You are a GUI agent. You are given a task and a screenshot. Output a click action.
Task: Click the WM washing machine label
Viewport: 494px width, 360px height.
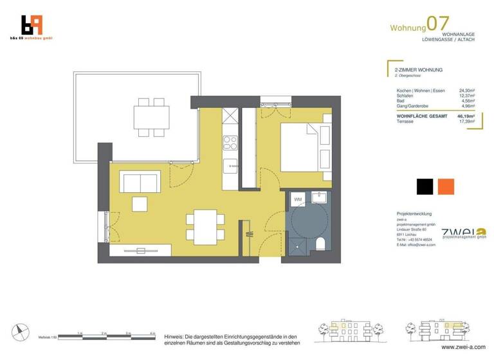click(298, 201)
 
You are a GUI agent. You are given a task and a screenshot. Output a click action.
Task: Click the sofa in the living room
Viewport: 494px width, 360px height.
click(141, 183)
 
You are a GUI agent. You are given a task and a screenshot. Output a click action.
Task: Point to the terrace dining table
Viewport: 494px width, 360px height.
click(152, 118)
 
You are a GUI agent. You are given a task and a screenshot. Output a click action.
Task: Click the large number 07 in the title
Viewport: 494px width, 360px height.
click(439, 24)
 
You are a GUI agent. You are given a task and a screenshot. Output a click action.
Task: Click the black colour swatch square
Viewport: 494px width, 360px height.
click(425, 187)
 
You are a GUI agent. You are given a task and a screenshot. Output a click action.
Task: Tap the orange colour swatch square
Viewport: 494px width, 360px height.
click(446, 187)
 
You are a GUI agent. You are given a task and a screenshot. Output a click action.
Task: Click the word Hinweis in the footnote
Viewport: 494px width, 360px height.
click(176, 336)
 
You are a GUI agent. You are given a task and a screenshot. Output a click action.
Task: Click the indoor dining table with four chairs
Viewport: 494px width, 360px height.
click(206, 227)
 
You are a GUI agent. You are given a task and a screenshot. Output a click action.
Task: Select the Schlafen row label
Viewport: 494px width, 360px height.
click(406, 96)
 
